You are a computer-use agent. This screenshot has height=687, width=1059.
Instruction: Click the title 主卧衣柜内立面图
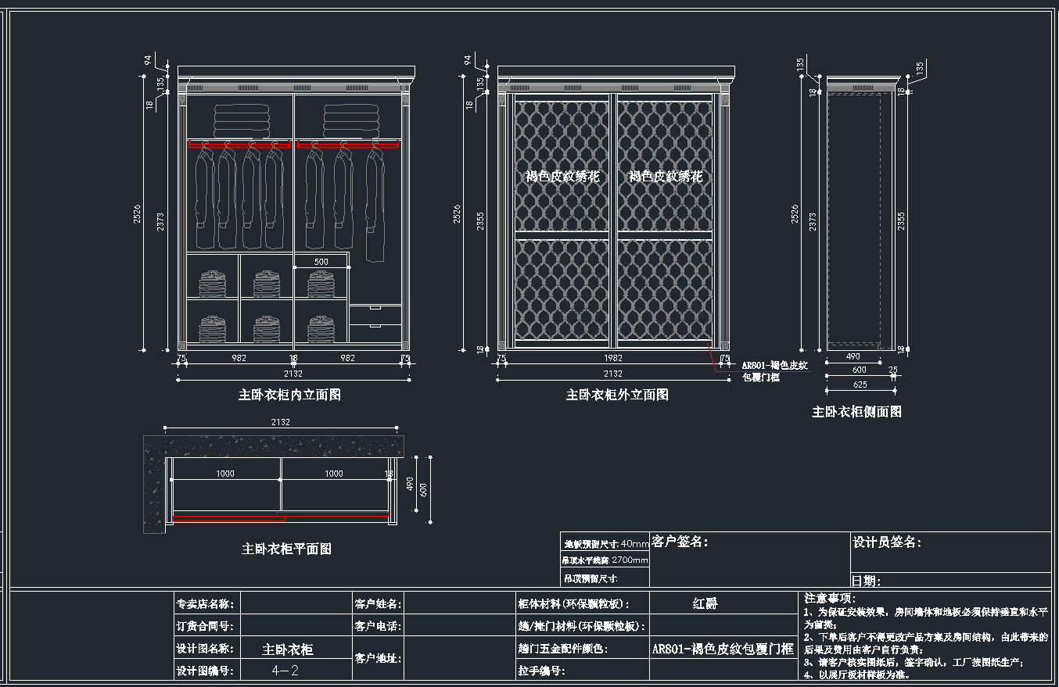pyautogui.click(x=289, y=395)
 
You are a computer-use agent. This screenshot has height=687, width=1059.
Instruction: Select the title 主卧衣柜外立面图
pyautogui.click(x=617, y=395)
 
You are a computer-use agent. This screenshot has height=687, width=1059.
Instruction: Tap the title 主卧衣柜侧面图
pyautogui.click(x=856, y=411)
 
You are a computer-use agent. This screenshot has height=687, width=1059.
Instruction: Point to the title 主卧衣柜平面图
pyautogui.click(x=286, y=549)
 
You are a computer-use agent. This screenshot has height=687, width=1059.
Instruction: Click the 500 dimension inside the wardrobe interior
pyautogui.click(x=321, y=261)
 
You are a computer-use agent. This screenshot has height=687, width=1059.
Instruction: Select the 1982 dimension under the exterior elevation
pyautogui.click(x=613, y=358)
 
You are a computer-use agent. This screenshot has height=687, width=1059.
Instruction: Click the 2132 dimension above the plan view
pyautogui.click(x=280, y=422)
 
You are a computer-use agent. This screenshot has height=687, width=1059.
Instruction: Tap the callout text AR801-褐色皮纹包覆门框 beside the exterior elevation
pyautogui.click(x=774, y=371)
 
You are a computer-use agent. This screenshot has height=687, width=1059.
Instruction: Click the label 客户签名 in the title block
pyautogui.click(x=680, y=541)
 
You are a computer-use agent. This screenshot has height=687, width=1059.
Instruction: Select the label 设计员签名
pyautogui.click(x=886, y=542)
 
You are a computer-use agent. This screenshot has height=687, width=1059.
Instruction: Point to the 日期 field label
pyautogui.click(x=867, y=581)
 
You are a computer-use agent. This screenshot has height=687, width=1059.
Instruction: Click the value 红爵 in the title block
pyautogui.click(x=705, y=603)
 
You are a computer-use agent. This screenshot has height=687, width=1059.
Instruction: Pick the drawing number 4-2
pyautogui.click(x=285, y=671)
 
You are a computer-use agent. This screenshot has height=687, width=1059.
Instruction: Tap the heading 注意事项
pyautogui.click(x=831, y=598)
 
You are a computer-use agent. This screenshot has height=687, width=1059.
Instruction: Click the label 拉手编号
pyautogui.click(x=540, y=671)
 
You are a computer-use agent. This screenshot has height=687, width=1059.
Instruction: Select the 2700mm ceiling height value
pyautogui.click(x=630, y=560)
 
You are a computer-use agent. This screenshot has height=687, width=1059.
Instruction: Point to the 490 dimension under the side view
pyautogui.click(x=853, y=356)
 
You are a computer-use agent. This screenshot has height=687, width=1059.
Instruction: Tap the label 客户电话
pyautogui.click(x=378, y=626)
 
